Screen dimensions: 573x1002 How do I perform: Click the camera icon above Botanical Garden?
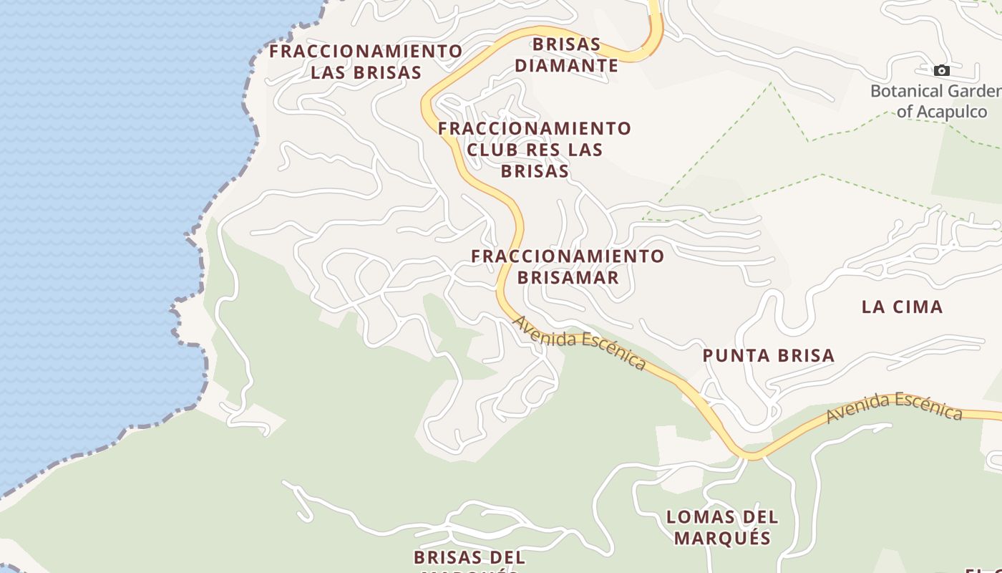pyautogui.click(x=942, y=70)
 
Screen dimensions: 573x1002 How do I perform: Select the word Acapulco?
pyautogui.click(x=952, y=112)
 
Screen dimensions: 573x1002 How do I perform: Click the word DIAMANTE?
pyautogui.click(x=566, y=66)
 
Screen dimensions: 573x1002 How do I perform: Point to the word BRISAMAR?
pyautogui.click(x=568, y=277)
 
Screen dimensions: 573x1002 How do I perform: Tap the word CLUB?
pyautogui.click(x=493, y=150)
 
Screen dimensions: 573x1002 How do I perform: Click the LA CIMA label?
pyautogui.click(x=902, y=307)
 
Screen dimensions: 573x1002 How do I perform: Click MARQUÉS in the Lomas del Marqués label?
pyautogui.click(x=722, y=538)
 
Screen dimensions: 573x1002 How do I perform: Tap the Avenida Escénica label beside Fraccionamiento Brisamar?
pyautogui.click(x=580, y=343)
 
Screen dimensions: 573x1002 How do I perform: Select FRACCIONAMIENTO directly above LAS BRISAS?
pyautogui.click(x=366, y=52)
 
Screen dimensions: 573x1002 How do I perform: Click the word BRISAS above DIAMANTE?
pyautogui.click(x=567, y=44)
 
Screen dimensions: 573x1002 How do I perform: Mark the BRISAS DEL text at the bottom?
pyautogui.click(x=469, y=557)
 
